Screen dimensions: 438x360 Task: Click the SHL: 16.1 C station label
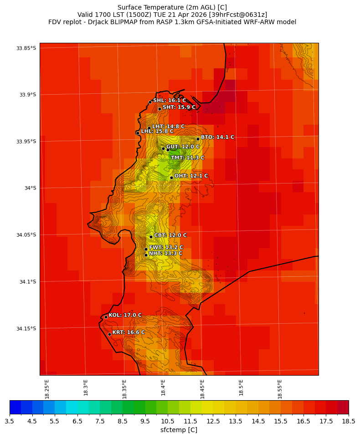click(169, 100)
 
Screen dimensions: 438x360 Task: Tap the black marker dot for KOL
click(106, 317)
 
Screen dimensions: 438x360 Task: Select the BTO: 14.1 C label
click(217, 137)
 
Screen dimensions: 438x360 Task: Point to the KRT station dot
click(109, 334)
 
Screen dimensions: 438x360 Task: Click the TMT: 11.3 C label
click(187, 158)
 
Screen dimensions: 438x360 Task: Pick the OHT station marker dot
click(171, 178)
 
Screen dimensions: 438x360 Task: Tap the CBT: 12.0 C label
click(170, 235)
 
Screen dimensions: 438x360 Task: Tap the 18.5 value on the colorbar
click(349, 422)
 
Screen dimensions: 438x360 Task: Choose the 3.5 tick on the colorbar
click(10, 422)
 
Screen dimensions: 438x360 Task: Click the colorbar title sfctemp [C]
click(179, 430)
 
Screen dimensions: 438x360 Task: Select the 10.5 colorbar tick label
click(168, 422)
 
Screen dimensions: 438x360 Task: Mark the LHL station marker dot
click(138, 133)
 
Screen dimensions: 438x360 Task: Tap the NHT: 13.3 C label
click(165, 253)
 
